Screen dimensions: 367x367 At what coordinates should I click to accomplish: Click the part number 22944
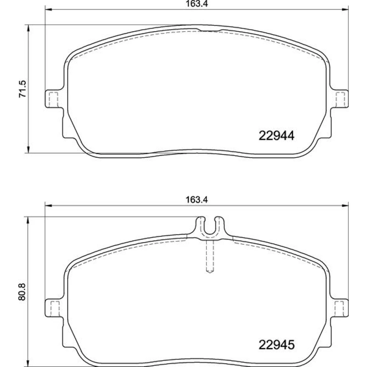point(276,136)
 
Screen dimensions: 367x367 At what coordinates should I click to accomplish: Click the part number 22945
point(276,345)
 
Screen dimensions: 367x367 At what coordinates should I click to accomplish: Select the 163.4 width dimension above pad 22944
point(197,4)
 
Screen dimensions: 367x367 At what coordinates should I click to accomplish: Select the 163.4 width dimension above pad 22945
point(197,200)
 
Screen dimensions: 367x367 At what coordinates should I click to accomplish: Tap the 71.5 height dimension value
point(23,89)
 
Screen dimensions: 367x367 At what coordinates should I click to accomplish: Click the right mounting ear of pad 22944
point(339,99)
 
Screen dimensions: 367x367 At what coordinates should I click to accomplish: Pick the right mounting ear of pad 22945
point(339,308)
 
